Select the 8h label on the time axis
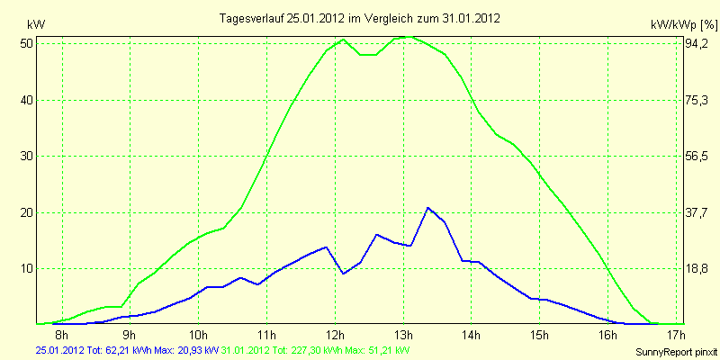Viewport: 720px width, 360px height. pyautogui.click(x=61, y=333)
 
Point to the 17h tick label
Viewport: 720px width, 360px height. pyautogui.click(x=677, y=333)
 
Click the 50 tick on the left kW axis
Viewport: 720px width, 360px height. pyautogui.click(x=27, y=44)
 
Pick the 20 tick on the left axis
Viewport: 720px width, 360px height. pyautogui.click(x=27, y=212)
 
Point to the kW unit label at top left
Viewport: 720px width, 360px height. pyautogui.click(x=36, y=24)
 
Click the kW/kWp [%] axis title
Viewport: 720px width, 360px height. pyautogui.click(x=684, y=24)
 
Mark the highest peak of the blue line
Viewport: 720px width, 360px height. pyautogui.click(x=428, y=208)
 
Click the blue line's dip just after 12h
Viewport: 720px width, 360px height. pyautogui.click(x=343, y=274)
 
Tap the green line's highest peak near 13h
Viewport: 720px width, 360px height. pyautogui.click(x=409, y=37)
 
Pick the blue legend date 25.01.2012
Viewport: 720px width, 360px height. pyautogui.click(x=58, y=350)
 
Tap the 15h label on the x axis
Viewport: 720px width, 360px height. pyautogui.click(x=540, y=333)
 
